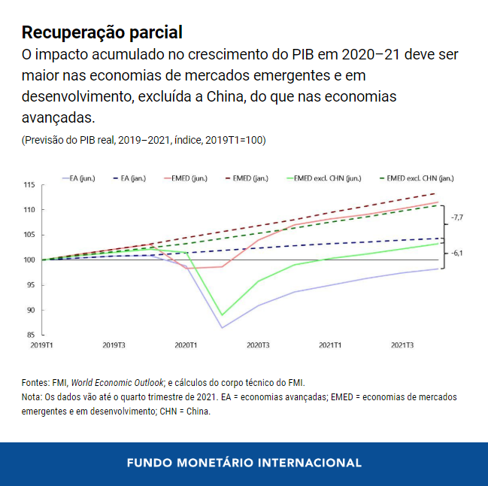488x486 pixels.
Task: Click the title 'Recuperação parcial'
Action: pyautogui.click(x=102, y=32)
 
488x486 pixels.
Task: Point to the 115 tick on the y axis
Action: pyautogui.click(x=29, y=185)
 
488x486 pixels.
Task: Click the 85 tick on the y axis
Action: pyautogui.click(x=29, y=336)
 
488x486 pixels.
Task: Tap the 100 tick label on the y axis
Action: pyautogui.click(x=29, y=260)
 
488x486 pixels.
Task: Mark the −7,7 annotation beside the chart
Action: pyautogui.click(x=456, y=217)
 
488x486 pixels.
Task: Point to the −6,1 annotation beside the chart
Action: pyautogui.click(x=456, y=254)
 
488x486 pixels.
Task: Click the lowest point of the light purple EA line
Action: pyautogui.click(x=222, y=327)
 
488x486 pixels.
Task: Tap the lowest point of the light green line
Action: pyautogui.click(x=222, y=315)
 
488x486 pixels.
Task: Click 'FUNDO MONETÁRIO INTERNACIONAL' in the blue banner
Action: pyautogui.click(x=244, y=462)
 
